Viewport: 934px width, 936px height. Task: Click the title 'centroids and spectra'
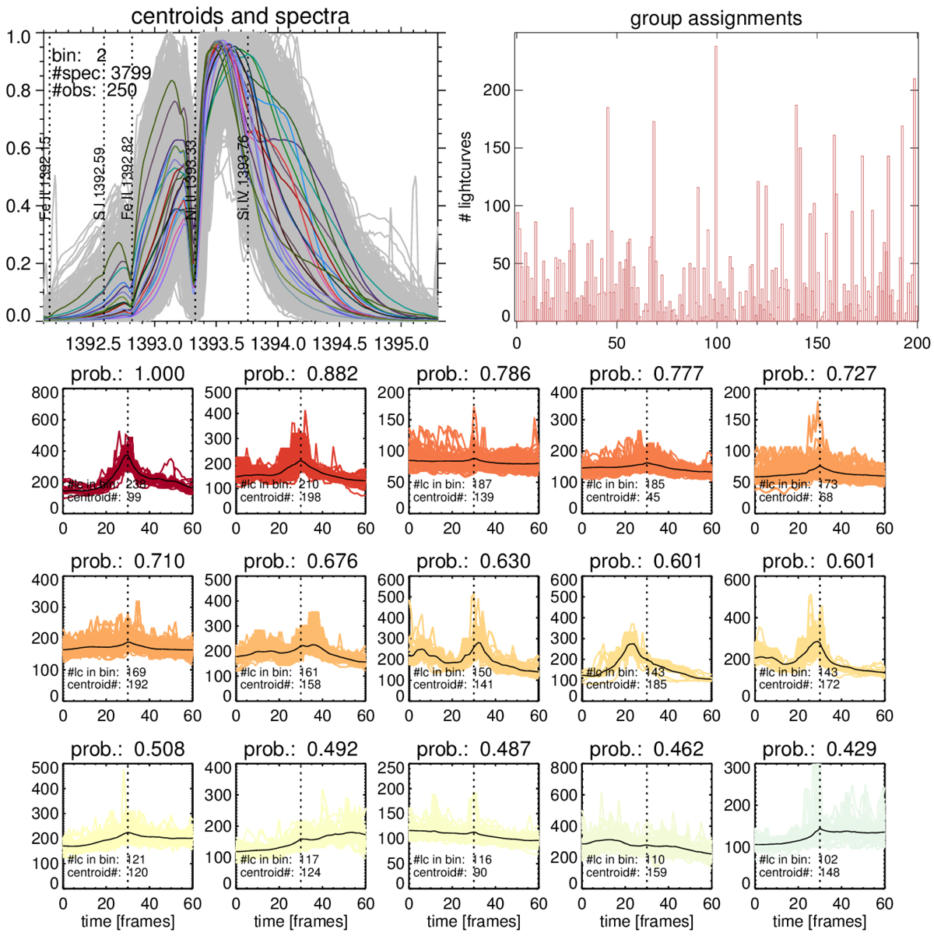240,16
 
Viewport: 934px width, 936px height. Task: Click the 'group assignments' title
715,18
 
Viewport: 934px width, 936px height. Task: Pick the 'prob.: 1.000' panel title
128,375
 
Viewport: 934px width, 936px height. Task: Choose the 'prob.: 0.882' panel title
300,375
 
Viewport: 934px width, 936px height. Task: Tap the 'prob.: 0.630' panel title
473,561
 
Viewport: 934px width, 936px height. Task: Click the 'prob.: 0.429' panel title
819,749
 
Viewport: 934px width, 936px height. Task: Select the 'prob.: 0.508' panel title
128,749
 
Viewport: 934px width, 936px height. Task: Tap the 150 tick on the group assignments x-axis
817,343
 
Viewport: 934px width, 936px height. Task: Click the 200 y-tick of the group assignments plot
496,90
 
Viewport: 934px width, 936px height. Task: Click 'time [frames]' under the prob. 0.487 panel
473,921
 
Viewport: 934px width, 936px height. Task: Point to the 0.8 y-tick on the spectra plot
19,90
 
